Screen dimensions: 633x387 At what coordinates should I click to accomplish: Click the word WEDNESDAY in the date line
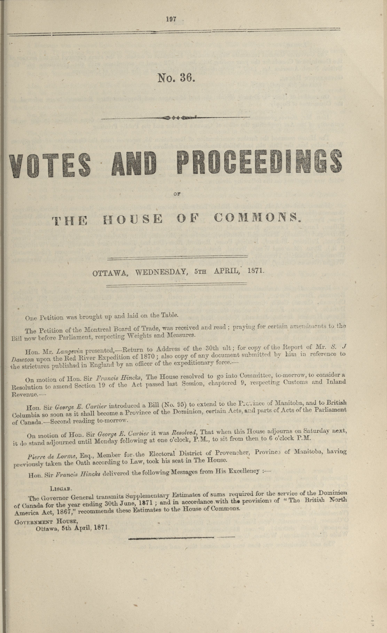coord(160,272)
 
